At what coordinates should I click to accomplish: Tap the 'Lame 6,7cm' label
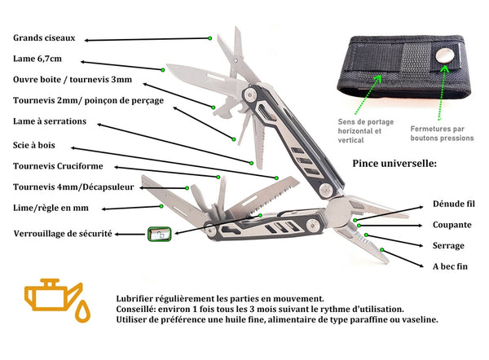point(37,59)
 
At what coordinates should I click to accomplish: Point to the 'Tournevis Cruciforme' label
point(58,167)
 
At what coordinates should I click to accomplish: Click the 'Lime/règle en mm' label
point(51,209)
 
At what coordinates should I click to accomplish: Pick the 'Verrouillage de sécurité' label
point(63,234)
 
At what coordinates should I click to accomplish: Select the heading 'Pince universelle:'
point(394,164)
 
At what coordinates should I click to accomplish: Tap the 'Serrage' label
point(447,245)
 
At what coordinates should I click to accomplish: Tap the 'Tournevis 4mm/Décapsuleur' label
point(73,187)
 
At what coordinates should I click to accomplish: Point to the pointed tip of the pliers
point(385,261)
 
